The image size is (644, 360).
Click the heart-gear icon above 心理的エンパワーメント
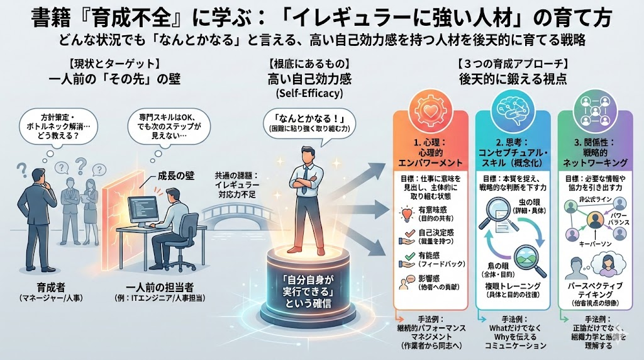tap(430, 106)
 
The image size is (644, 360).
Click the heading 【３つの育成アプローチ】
tap(513, 64)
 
